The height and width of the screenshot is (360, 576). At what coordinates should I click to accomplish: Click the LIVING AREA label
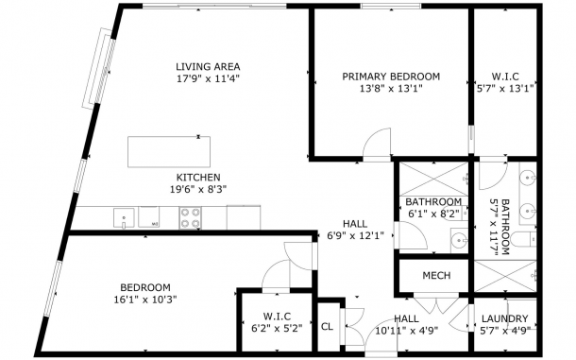coord(208,66)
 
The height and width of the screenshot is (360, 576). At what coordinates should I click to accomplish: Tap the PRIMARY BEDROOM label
coord(391,77)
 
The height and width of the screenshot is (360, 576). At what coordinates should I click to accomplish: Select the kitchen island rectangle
coord(169,152)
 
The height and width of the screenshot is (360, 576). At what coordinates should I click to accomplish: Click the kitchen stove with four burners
coord(191,217)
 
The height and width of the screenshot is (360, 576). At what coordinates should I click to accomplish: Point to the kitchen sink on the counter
coord(124,218)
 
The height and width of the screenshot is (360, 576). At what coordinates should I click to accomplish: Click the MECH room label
coord(436,275)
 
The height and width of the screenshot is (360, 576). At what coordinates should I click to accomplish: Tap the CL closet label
coord(327,327)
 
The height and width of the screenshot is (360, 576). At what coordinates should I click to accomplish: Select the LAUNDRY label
coord(505,318)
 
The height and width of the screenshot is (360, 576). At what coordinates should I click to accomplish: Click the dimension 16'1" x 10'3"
coord(145,300)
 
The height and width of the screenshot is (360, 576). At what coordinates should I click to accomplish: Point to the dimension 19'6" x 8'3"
coord(198,189)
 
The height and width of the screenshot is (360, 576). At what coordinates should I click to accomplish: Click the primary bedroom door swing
coord(377,145)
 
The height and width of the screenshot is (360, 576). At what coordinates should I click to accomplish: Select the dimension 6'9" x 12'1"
coord(355,235)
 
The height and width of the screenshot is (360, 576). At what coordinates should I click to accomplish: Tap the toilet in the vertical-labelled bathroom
coord(524,239)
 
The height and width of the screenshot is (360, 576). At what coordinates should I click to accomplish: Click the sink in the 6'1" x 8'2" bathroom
coord(460,241)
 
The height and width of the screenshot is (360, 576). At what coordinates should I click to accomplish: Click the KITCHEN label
coord(198,178)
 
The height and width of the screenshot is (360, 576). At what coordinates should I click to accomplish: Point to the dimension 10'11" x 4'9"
coord(407,331)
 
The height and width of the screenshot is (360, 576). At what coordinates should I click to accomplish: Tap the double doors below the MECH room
coord(436,304)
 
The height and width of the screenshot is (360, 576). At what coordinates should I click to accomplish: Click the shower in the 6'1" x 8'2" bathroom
coord(433,180)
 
